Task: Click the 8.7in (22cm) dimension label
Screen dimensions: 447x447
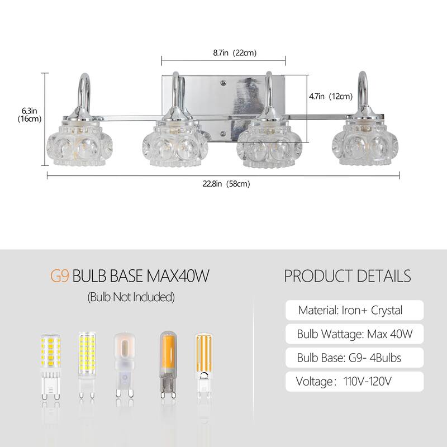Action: tap(235, 53)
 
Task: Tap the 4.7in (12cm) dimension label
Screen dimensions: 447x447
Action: tap(331, 96)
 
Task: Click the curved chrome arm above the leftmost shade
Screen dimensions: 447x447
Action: tap(81, 89)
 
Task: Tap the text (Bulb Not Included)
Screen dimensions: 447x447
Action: tap(131, 297)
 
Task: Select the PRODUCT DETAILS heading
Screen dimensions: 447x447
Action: tap(348, 276)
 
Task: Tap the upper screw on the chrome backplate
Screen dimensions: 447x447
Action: tap(223, 83)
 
